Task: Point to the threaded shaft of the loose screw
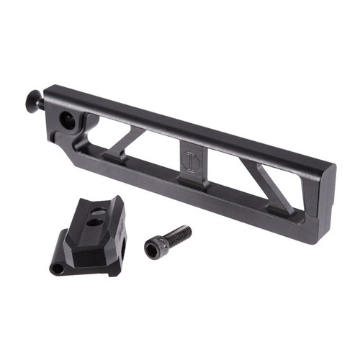tap(179, 235)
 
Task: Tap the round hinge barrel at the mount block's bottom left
tap(56, 269)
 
